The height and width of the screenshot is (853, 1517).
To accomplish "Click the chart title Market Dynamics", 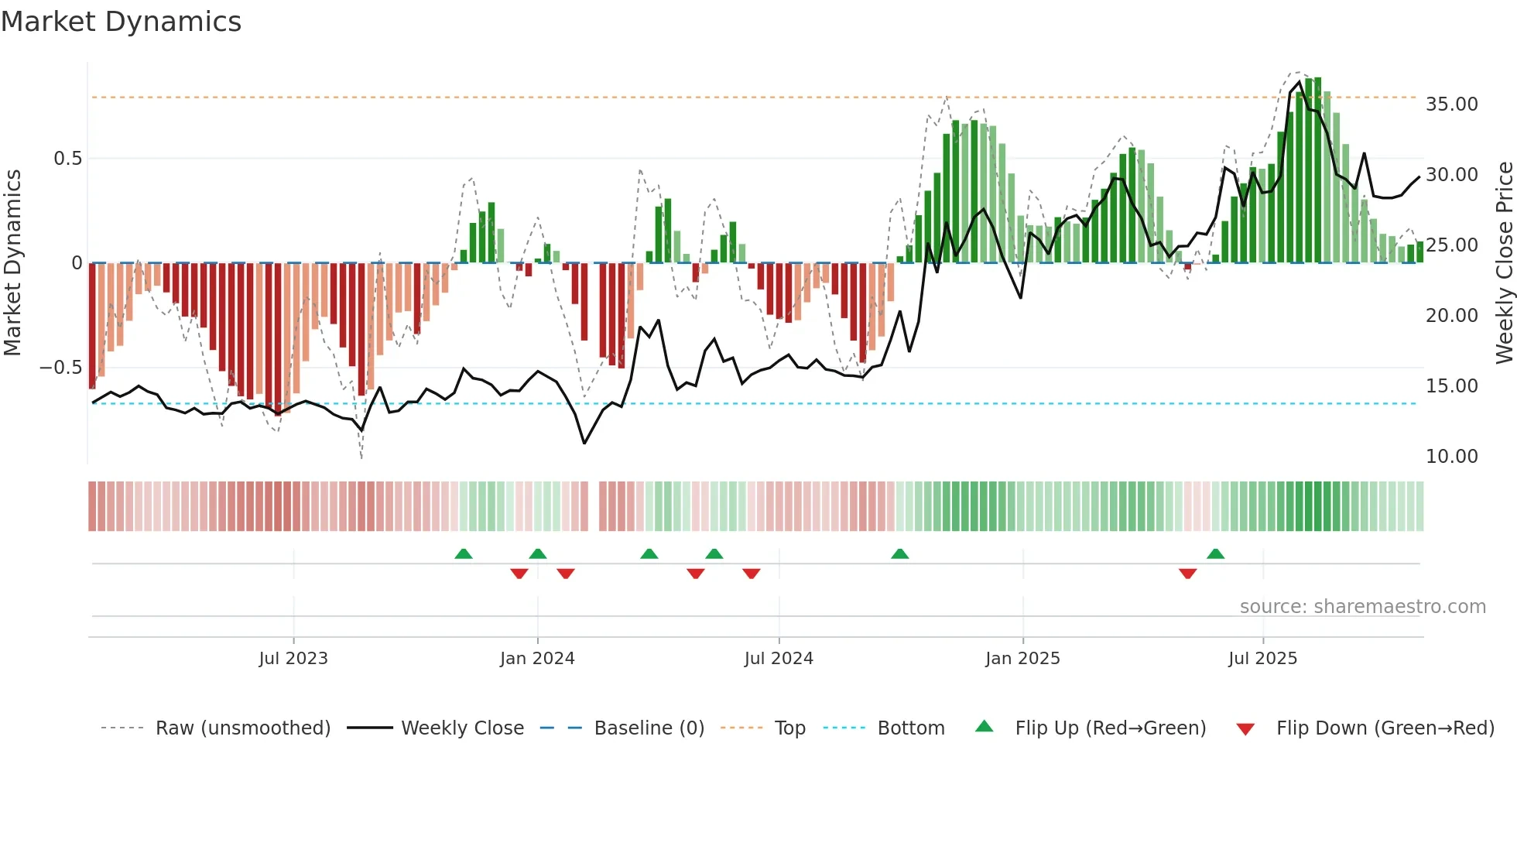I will (122, 22).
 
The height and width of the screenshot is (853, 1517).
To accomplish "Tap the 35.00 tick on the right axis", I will (1451, 104).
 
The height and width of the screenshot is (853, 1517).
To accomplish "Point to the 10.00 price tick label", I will (1451, 457).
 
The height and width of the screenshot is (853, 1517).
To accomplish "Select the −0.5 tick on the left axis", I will (60, 368).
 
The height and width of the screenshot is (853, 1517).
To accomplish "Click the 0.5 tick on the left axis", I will (67, 159).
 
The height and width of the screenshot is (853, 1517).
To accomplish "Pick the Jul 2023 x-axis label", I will (293, 659).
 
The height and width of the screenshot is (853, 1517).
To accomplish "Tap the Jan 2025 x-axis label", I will (1022, 659).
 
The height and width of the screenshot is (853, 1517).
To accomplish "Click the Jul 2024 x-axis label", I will (779, 659).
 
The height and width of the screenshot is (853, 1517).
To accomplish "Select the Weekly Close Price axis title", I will (1504, 263).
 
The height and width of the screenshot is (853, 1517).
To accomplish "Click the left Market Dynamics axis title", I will (12, 263).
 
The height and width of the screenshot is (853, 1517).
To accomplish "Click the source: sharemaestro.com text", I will (1362, 607).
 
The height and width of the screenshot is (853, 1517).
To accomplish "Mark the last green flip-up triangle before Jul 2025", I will (1215, 554).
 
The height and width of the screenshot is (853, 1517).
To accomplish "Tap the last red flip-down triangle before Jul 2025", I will (1187, 574).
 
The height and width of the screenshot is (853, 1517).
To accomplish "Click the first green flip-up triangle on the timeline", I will (463, 554).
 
